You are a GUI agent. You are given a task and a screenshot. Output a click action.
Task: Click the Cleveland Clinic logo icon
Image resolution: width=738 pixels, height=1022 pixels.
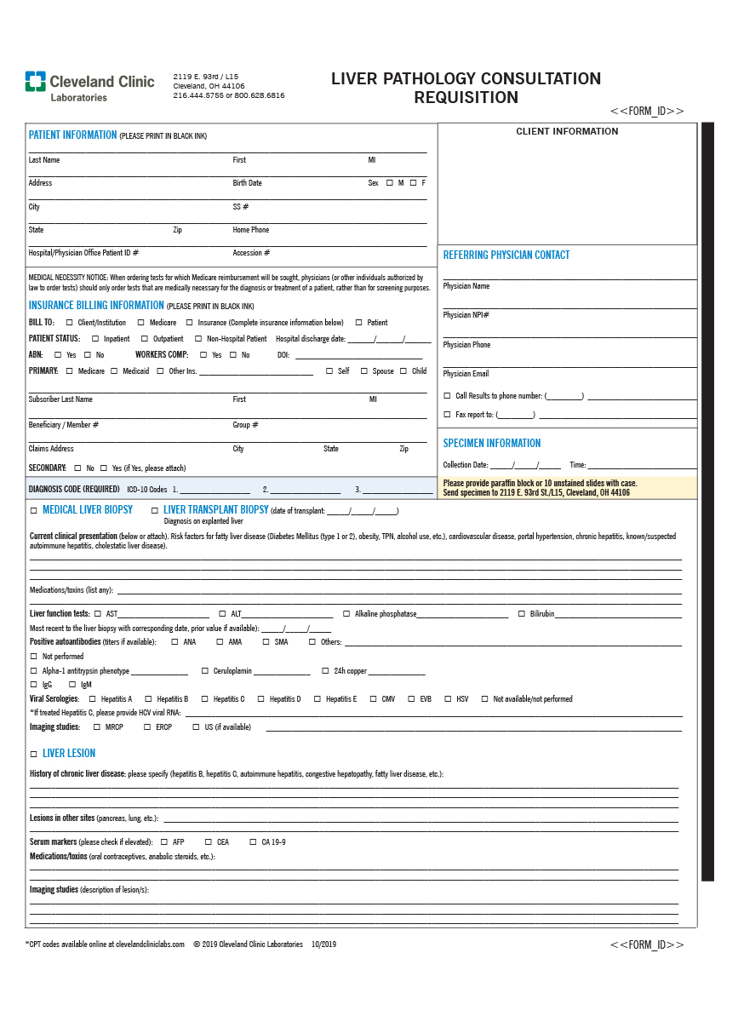[35, 81]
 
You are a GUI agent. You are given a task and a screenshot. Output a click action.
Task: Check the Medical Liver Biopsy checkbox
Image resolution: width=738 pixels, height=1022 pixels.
[34, 510]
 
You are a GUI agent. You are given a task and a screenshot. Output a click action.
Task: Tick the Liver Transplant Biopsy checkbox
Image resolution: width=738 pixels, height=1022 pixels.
[154, 510]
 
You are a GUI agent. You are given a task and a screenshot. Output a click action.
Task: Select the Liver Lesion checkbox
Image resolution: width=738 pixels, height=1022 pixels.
[34, 754]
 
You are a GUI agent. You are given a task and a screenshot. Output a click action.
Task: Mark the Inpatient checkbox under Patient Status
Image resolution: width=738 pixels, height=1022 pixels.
[95, 339]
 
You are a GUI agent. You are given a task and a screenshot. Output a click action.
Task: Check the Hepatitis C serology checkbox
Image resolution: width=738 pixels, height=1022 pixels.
[204, 699]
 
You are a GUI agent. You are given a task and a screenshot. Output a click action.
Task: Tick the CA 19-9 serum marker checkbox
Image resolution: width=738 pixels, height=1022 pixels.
[253, 842]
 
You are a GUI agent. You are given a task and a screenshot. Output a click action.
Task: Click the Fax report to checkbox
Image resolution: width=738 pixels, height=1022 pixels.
[448, 415]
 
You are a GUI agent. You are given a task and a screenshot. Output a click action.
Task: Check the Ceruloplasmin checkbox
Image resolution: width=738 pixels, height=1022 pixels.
[205, 671]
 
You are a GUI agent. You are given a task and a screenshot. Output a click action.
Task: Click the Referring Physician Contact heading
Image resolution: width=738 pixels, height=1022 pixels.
[506, 255]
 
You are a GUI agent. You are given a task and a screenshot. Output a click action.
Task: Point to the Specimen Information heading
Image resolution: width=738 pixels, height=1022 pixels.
[491, 444]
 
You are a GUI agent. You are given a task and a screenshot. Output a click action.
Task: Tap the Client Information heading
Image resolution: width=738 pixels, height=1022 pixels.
[567, 131]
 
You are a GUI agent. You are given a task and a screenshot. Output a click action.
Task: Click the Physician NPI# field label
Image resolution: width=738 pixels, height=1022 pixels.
[466, 315]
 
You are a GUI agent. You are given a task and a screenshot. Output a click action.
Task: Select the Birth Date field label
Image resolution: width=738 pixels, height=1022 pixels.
[248, 183]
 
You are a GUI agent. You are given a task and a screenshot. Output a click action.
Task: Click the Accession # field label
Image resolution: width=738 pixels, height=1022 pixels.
[251, 253]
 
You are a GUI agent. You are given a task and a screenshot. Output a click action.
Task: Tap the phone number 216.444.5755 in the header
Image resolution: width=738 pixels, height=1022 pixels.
[198, 96]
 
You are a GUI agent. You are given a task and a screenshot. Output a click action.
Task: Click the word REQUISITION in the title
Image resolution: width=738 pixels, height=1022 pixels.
[466, 98]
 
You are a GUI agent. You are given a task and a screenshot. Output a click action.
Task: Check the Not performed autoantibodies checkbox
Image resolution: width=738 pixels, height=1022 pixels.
[34, 657]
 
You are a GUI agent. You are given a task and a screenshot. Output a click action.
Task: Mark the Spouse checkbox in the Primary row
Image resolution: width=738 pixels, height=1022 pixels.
[363, 371]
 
